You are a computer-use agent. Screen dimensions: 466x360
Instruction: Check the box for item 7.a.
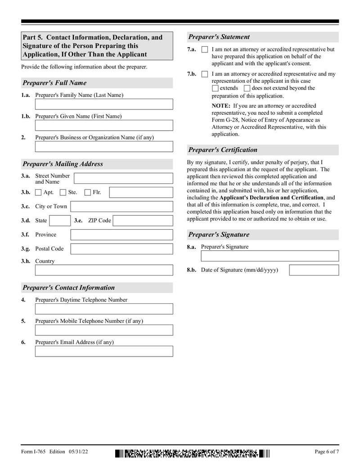pyautogui.click(x=205, y=50)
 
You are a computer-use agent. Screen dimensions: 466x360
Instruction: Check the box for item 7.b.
pyautogui.click(x=205, y=74)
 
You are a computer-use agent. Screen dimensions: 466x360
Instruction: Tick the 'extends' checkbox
pyautogui.click(x=215, y=88)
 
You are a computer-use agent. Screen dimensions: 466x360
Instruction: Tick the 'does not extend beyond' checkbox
pyautogui.click(x=247, y=88)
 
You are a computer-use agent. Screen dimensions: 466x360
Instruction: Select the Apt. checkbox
pyautogui.click(x=38, y=193)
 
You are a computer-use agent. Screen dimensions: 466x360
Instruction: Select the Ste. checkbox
pyautogui.click(x=63, y=193)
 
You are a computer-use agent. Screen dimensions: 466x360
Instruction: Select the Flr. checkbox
pyautogui.click(x=88, y=193)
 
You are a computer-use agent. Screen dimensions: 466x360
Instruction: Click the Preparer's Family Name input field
pyautogui.click(x=104, y=104)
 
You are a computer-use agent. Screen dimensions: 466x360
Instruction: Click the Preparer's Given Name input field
pyautogui.click(x=104, y=126)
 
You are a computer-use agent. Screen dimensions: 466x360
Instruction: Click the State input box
pyautogui.click(x=59, y=221)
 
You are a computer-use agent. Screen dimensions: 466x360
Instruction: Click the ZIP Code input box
pyautogui.click(x=143, y=221)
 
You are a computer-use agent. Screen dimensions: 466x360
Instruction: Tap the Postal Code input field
pyautogui.click(x=121, y=249)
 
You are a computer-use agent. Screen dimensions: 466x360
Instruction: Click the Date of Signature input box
pyautogui.click(x=314, y=270)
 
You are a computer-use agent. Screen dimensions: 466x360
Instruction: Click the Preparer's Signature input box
pyautogui.click(x=270, y=256)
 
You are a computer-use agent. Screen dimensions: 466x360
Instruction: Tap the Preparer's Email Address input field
pyautogui.click(x=104, y=351)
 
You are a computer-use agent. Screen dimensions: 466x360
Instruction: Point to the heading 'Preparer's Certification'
pyautogui.click(x=223, y=150)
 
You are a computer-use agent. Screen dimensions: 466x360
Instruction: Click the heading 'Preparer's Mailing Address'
pyautogui.click(x=63, y=164)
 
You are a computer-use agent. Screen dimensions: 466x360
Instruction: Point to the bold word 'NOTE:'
pyautogui.click(x=221, y=106)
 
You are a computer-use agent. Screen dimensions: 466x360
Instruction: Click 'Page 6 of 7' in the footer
pyautogui.click(x=327, y=452)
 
